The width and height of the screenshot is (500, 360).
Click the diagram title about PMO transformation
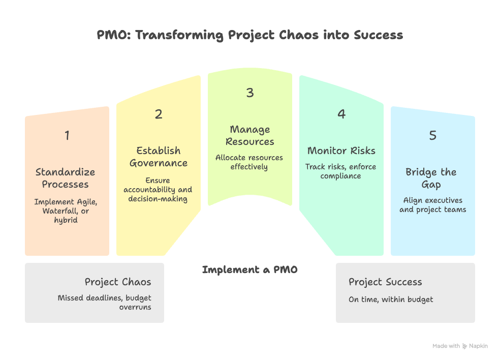[250, 35]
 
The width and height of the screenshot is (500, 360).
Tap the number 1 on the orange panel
[67, 135]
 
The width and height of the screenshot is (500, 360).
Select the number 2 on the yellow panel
[159, 114]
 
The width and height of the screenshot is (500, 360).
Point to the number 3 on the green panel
[249, 93]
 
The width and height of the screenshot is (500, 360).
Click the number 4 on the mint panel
[341, 114]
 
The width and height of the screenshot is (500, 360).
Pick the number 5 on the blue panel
[432, 135]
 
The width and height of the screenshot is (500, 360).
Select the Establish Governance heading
[159, 157]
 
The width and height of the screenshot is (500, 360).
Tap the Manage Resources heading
[250, 135]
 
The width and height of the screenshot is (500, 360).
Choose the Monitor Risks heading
[341, 151]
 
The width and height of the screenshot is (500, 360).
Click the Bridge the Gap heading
[431, 178]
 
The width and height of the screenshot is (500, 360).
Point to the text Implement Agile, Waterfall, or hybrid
[66, 211]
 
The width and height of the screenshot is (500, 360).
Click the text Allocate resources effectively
[249, 162]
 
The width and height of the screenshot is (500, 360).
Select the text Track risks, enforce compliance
[340, 171]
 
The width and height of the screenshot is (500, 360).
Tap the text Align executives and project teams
[432, 205]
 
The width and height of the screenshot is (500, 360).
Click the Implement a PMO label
[249, 269]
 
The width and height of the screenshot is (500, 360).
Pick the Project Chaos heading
[118, 282]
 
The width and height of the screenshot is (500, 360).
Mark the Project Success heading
[385, 282]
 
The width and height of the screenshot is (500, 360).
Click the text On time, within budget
[391, 299]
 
